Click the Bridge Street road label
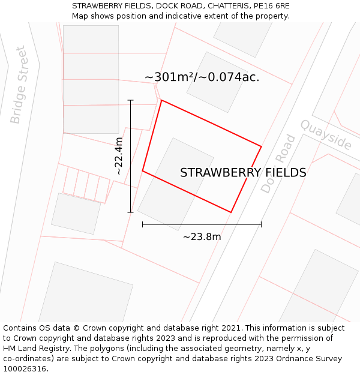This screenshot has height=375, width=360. (x=19, y=85)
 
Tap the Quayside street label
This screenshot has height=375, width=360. (x=326, y=135)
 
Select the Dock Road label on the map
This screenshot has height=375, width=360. (x=279, y=163)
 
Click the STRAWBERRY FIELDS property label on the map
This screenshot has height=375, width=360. (x=243, y=173)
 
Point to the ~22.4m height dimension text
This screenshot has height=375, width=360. (x=119, y=156)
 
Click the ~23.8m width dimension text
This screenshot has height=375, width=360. (x=202, y=237)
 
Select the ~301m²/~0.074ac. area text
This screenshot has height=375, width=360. (x=202, y=77)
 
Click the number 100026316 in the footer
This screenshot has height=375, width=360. (x=24, y=368)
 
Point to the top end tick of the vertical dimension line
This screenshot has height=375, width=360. (x=131, y=100)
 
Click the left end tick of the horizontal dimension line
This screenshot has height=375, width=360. (x=142, y=224)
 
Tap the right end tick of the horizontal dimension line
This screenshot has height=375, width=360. (x=261, y=224)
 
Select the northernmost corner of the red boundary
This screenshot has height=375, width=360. (x=161, y=100)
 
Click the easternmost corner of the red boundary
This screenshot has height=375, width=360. (x=261, y=146)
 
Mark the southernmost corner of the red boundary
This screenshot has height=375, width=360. (x=231, y=212)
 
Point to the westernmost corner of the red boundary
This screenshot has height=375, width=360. (x=142, y=171)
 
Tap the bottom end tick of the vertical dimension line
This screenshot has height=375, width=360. (x=131, y=212)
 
